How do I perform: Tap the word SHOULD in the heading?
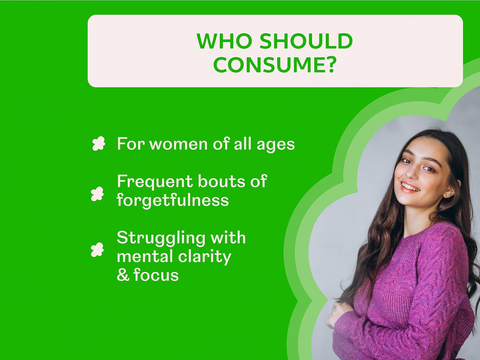tap(307, 42)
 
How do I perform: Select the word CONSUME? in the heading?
tap(275, 65)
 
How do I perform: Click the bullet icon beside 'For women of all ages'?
tap(98, 144)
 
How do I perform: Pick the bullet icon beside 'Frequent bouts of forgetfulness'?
tap(97, 193)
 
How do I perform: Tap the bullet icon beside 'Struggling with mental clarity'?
tap(97, 250)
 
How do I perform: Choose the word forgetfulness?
tap(173, 200)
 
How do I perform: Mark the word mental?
tap(144, 256)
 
